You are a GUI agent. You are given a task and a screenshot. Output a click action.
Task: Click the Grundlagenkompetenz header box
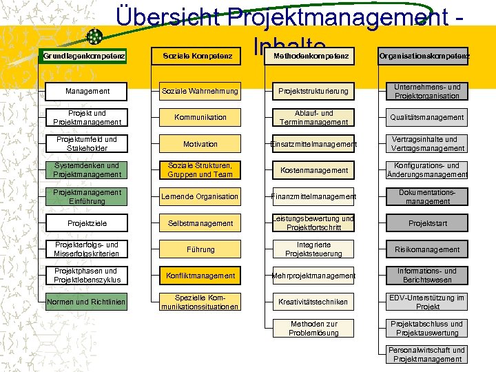click(84, 56)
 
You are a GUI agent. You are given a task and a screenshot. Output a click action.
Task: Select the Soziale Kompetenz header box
click(197, 56)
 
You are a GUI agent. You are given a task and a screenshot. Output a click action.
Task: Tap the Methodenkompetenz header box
click(311, 56)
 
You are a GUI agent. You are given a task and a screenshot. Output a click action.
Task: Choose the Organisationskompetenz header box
click(424, 56)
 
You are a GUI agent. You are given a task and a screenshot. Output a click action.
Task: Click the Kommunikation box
click(200, 118)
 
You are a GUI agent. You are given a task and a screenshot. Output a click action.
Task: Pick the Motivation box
click(200, 144)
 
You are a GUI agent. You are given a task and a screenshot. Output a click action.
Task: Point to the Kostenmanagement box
click(314, 170)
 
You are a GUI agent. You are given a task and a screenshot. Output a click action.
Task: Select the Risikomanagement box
click(427, 249)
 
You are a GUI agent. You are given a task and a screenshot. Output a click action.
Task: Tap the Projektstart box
click(427, 223)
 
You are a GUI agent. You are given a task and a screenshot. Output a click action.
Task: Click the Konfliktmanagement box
click(200, 276)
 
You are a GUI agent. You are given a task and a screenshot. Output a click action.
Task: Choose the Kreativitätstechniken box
click(314, 302)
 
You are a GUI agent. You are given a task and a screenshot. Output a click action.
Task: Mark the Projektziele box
click(87, 223)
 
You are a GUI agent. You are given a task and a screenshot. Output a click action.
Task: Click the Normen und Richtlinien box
click(87, 302)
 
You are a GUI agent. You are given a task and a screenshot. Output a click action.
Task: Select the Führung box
click(200, 249)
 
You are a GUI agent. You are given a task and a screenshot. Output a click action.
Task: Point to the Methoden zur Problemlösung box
click(314, 329)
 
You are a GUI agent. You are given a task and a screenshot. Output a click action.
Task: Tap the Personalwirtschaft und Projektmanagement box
click(427, 355)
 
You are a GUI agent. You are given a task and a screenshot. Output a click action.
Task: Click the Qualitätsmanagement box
click(427, 118)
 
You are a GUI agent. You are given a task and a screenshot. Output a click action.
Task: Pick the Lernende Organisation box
click(200, 197)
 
